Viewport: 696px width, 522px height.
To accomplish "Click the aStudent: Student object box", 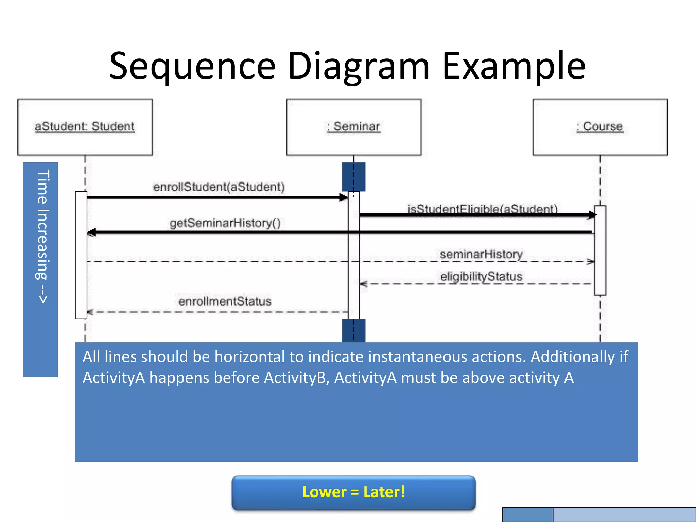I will click(85, 127).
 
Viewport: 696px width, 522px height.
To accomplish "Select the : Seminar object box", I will click(353, 127).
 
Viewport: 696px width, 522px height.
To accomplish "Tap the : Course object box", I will click(600, 127).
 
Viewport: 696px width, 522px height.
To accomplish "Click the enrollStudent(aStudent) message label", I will click(219, 187).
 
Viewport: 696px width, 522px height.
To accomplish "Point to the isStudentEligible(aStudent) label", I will click(483, 208).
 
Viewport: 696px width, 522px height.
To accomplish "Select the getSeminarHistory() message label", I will click(225, 223).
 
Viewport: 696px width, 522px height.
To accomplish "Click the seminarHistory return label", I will click(481, 254).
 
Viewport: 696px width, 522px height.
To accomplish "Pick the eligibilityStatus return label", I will click(481, 276).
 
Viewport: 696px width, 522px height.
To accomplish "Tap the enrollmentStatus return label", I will click(225, 301).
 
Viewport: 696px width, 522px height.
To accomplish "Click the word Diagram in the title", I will click(359, 66).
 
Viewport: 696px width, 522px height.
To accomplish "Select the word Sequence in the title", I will click(192, 66).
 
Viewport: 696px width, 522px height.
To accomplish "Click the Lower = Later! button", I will click(353, 492).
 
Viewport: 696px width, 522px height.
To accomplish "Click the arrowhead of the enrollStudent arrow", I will click(344, 197).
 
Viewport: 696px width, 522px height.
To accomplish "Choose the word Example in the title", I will click(514, 66).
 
